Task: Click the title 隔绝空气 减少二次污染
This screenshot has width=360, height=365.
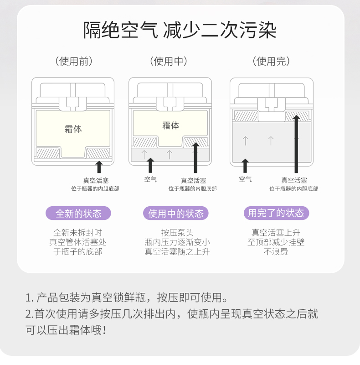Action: coord(180,30)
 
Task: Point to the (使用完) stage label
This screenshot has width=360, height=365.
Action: coord(273,61)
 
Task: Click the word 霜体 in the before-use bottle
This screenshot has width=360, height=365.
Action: coord(73,129)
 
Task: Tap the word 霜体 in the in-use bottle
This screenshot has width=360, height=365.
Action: coord(171,125)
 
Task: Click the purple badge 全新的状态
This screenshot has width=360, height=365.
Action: coord(78,213)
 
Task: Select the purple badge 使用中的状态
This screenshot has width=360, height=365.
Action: coord(176,213)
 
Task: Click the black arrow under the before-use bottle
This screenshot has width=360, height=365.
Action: coord(99,166)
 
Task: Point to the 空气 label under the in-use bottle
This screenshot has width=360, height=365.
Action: coord(150,180)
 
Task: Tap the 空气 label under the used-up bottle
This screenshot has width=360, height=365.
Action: coord(245,179)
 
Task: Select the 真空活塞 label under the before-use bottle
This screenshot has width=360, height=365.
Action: coord(96,181)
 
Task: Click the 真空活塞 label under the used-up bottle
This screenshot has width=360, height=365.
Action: coord(294,181)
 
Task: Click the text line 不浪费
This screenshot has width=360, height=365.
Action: coord(276,252)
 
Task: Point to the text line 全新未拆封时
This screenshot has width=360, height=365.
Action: coord(78,233)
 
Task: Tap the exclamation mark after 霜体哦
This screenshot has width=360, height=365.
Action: coord(104,329)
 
